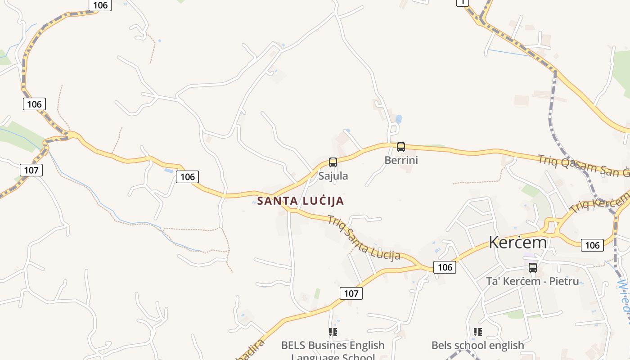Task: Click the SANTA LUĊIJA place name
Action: pos(301,201)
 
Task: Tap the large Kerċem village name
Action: pos(517,243)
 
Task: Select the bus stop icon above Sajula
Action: pos(333,162)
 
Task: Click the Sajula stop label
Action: pos(333,176)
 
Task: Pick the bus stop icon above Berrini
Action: pos(400,147)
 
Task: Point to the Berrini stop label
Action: pos(401,160)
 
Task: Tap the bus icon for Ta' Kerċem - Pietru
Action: pos(533,268)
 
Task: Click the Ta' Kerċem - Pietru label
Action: pos(532,282)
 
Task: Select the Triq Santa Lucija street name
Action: pos(363,238)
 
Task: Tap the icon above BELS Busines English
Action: pos(333,332)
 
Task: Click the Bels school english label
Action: pos(478,346)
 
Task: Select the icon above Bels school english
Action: pos(478,332)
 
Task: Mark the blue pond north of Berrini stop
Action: pos(398,119)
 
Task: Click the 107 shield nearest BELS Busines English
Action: pos(351,293)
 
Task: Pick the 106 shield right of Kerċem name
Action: pos(592,245)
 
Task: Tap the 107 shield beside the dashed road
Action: pos(31,170)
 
